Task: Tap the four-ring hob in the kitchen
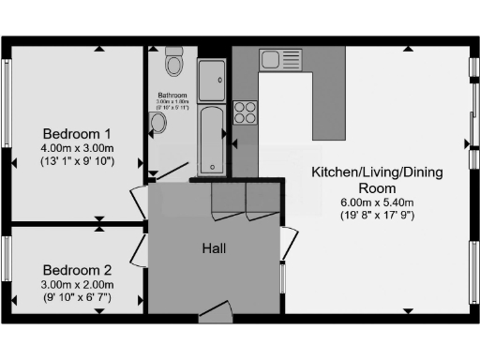pyautogui.click(x=245, y=112)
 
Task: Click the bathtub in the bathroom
pyautogui.click(x=213, y=140)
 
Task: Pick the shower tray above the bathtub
pyautogui.click(x=213, y=78)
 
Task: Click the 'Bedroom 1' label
pyautogui.click(x=76, y=133)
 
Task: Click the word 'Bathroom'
pyautogui.click(x=172, y=96)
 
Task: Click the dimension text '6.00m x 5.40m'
pyautogui.click(x=377, y=202)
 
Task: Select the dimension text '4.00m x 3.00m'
pyautogui.click(x=76, y=148)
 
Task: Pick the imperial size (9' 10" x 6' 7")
pyautogui.click(x=76, y=297)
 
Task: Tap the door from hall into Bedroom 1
pyautogui.click(x=139, y=200)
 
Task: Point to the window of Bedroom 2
pyautogui.click(x=6, y=270)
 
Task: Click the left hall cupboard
pyautogui.click(x=228, y=199)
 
